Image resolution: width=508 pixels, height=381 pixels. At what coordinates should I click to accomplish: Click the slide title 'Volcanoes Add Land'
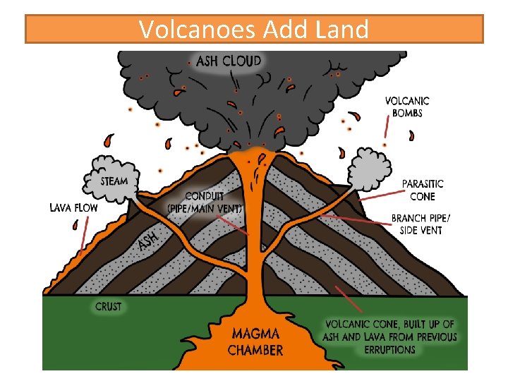coord(253,30)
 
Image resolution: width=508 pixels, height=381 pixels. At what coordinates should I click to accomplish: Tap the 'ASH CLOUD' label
coord(229,61)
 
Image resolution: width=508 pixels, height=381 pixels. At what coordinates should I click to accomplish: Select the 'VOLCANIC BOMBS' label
coord(407,107)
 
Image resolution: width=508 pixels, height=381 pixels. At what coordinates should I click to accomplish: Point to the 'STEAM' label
coord(114,181)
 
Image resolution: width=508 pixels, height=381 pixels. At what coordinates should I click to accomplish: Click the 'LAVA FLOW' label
coord(73,207)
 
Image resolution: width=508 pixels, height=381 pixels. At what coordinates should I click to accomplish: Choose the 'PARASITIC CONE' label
coord(423,190)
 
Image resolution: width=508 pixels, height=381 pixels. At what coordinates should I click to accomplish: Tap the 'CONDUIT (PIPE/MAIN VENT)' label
coord(205,202)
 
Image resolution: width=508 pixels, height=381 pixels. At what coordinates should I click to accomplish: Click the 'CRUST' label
coord(108,307)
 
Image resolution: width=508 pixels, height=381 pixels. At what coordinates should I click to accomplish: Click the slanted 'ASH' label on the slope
coord(147,241)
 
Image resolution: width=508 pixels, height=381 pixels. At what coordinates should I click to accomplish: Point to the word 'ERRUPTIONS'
coord(390,349)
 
